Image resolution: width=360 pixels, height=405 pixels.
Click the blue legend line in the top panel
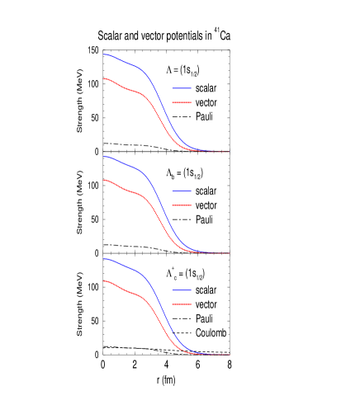tap(182, 88)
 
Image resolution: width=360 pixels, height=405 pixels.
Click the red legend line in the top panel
tap(182, 103)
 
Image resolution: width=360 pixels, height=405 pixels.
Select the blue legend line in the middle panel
tap(182, 191)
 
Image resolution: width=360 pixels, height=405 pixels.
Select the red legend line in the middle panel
tap(182, 205)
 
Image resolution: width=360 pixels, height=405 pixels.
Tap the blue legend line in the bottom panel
tap(182, 290)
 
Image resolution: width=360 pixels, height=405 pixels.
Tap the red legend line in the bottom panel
tap(182, 304)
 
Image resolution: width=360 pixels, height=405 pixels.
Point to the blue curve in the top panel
tap(132, 65)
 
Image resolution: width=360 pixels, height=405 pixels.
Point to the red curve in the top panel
tap(132, 88)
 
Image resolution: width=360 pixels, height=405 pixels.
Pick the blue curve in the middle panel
tap(132, 167)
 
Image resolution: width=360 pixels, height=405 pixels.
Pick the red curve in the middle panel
tap(132, 191)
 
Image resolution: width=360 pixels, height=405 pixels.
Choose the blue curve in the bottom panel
tap(132, 269)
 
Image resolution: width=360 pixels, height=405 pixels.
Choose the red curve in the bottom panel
tap(132, 292)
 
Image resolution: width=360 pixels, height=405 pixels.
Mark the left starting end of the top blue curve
tap(104, 54)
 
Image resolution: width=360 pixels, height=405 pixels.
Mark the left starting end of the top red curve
tap(104, 78)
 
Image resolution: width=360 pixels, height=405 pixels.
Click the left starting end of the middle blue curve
tap(104, 157)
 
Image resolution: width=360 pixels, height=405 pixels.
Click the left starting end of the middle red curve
tap(104, 180)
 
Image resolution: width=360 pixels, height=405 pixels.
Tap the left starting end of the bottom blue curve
tap(104, 259)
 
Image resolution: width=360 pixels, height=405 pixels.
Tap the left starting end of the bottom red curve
tap(104, 281)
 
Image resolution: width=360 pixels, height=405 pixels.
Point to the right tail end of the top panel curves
tap(227, 152)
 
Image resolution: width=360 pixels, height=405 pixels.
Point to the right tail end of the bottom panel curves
tap(227, 355)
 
